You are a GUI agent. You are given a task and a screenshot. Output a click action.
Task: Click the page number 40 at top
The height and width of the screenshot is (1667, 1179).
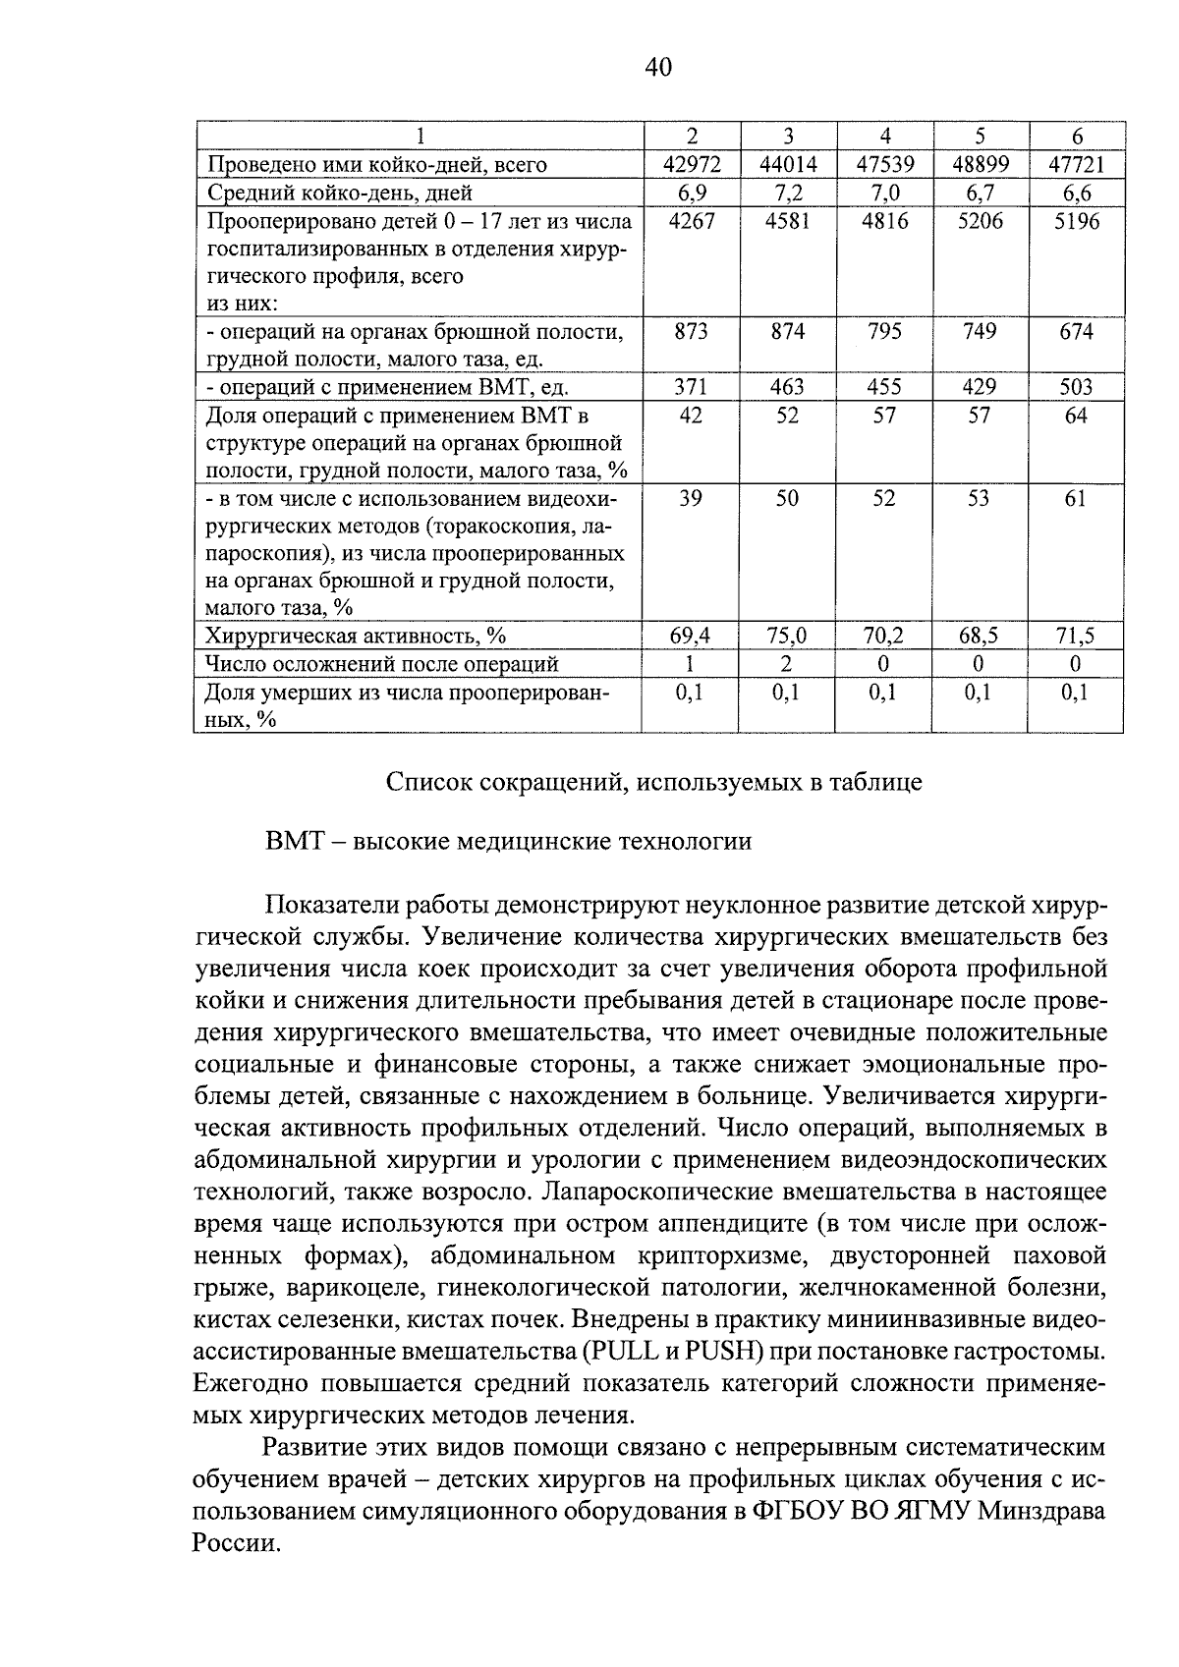pos(658,67)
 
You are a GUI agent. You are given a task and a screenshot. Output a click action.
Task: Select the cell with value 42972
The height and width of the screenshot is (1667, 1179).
pos(691,164)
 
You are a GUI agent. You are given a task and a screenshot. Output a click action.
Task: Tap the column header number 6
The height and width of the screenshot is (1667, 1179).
pos(1076,137)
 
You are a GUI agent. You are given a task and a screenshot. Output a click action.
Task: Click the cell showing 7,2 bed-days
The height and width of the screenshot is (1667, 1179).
pos(787,193)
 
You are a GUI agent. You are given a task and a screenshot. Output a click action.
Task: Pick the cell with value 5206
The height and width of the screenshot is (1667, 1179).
pos(980,221)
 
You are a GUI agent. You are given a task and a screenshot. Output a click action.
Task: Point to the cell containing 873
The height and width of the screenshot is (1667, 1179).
pos(691,332)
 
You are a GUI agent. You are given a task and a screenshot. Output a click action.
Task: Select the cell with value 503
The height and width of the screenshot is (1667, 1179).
pos(1076,388)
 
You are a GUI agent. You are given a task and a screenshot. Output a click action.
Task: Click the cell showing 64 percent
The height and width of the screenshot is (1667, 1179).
pos(1076,416)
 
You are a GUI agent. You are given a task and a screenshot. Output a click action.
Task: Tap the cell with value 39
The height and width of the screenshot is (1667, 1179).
pos(691,499)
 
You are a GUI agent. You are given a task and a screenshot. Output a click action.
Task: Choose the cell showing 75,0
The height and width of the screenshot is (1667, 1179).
pos(787,637)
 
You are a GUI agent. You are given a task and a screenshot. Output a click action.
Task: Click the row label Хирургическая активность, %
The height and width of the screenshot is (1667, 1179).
pos(355,637)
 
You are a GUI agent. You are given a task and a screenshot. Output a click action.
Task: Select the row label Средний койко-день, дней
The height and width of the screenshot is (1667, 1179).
pos(339,193)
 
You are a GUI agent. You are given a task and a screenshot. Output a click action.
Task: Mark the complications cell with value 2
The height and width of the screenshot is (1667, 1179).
pos(787,664)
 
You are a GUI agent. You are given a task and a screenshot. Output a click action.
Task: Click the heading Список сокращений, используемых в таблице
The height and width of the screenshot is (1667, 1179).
pos(653,783)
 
